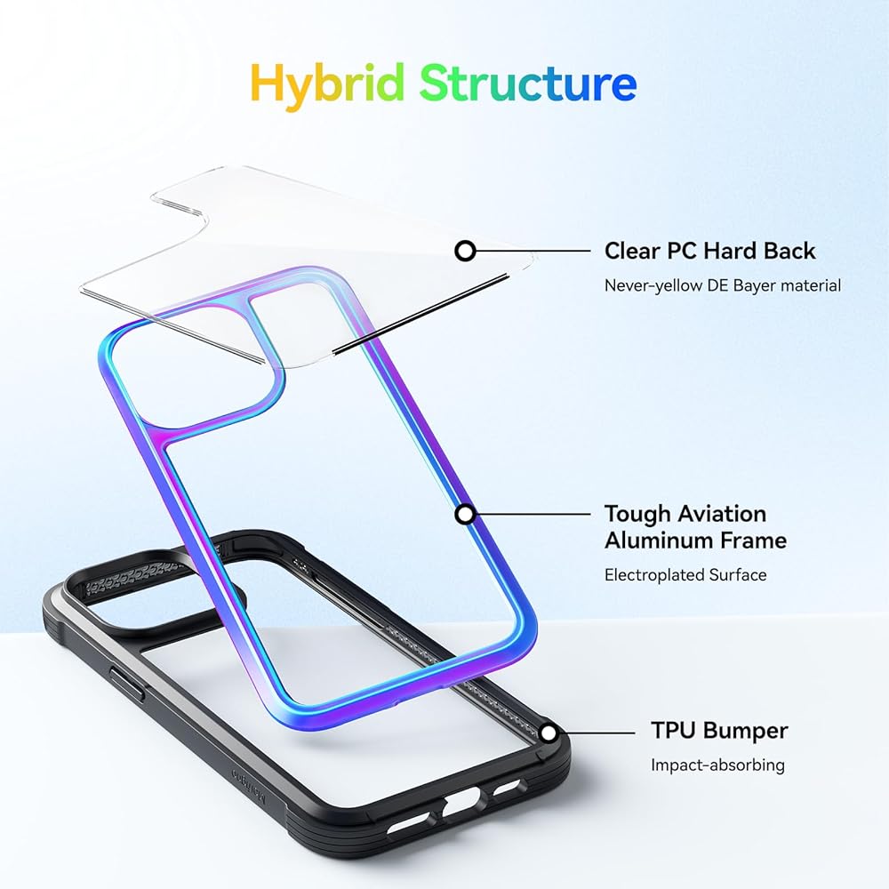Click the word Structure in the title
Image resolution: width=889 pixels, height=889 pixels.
click(x=528, y=83)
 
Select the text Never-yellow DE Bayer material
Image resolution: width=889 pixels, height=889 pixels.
click(x=722, y=285)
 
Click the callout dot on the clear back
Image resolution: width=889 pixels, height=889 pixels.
click(x=464, y=251)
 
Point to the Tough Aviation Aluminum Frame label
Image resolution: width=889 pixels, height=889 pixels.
click(x=695, y=526)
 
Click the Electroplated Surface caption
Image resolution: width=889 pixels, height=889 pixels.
click(x=685, y=575)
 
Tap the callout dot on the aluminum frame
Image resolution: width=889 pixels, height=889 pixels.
click(x=464, y=514)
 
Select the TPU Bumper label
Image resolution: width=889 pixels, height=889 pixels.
click(x=719, y=731)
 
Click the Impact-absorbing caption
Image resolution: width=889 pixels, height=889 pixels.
click(x=717, y=765)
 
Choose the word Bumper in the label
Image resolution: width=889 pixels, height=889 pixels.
click(x=745, y=731)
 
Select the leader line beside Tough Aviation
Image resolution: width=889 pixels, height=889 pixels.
click(x=533, y=514)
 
